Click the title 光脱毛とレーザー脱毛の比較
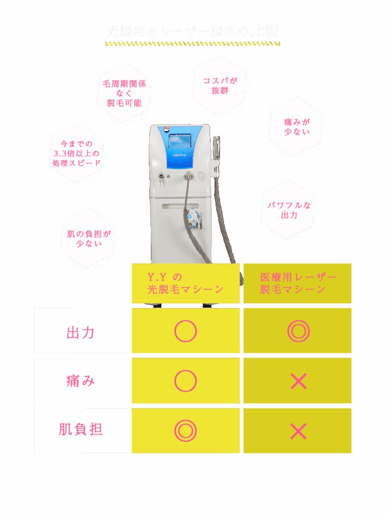[193, 32]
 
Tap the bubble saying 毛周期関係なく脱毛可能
[124, 93]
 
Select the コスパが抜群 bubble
[220, 85]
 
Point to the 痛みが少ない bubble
[297, 126]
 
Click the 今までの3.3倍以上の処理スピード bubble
[77, 153]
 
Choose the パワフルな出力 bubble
[289, 210]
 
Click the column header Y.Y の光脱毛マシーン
[185, 283]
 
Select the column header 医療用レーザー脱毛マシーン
[297, 283]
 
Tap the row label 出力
[81, 332]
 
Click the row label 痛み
[81, 381]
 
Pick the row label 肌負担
[81, 430]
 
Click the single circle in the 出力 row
[185, 331]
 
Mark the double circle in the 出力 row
[298, 331]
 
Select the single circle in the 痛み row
[185, 381]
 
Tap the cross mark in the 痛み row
[298, 381]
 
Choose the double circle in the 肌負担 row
[185, 431]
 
